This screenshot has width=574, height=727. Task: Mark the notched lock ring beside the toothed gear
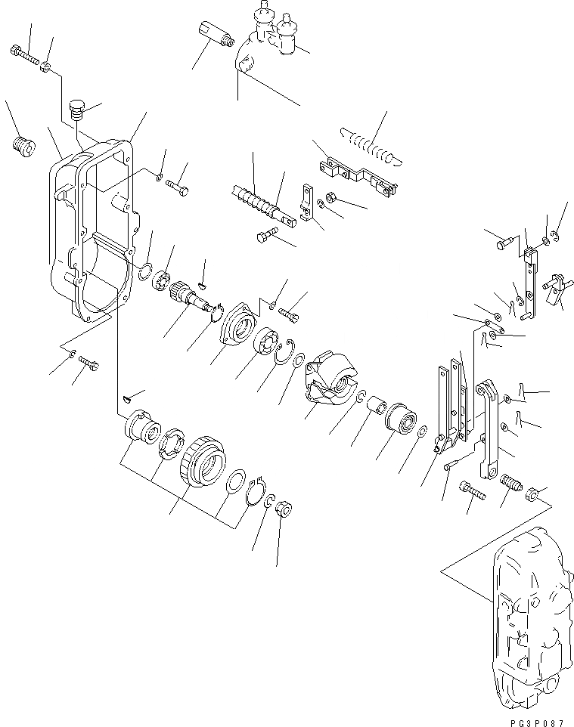pyautogui.click(x=174, y=442)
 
